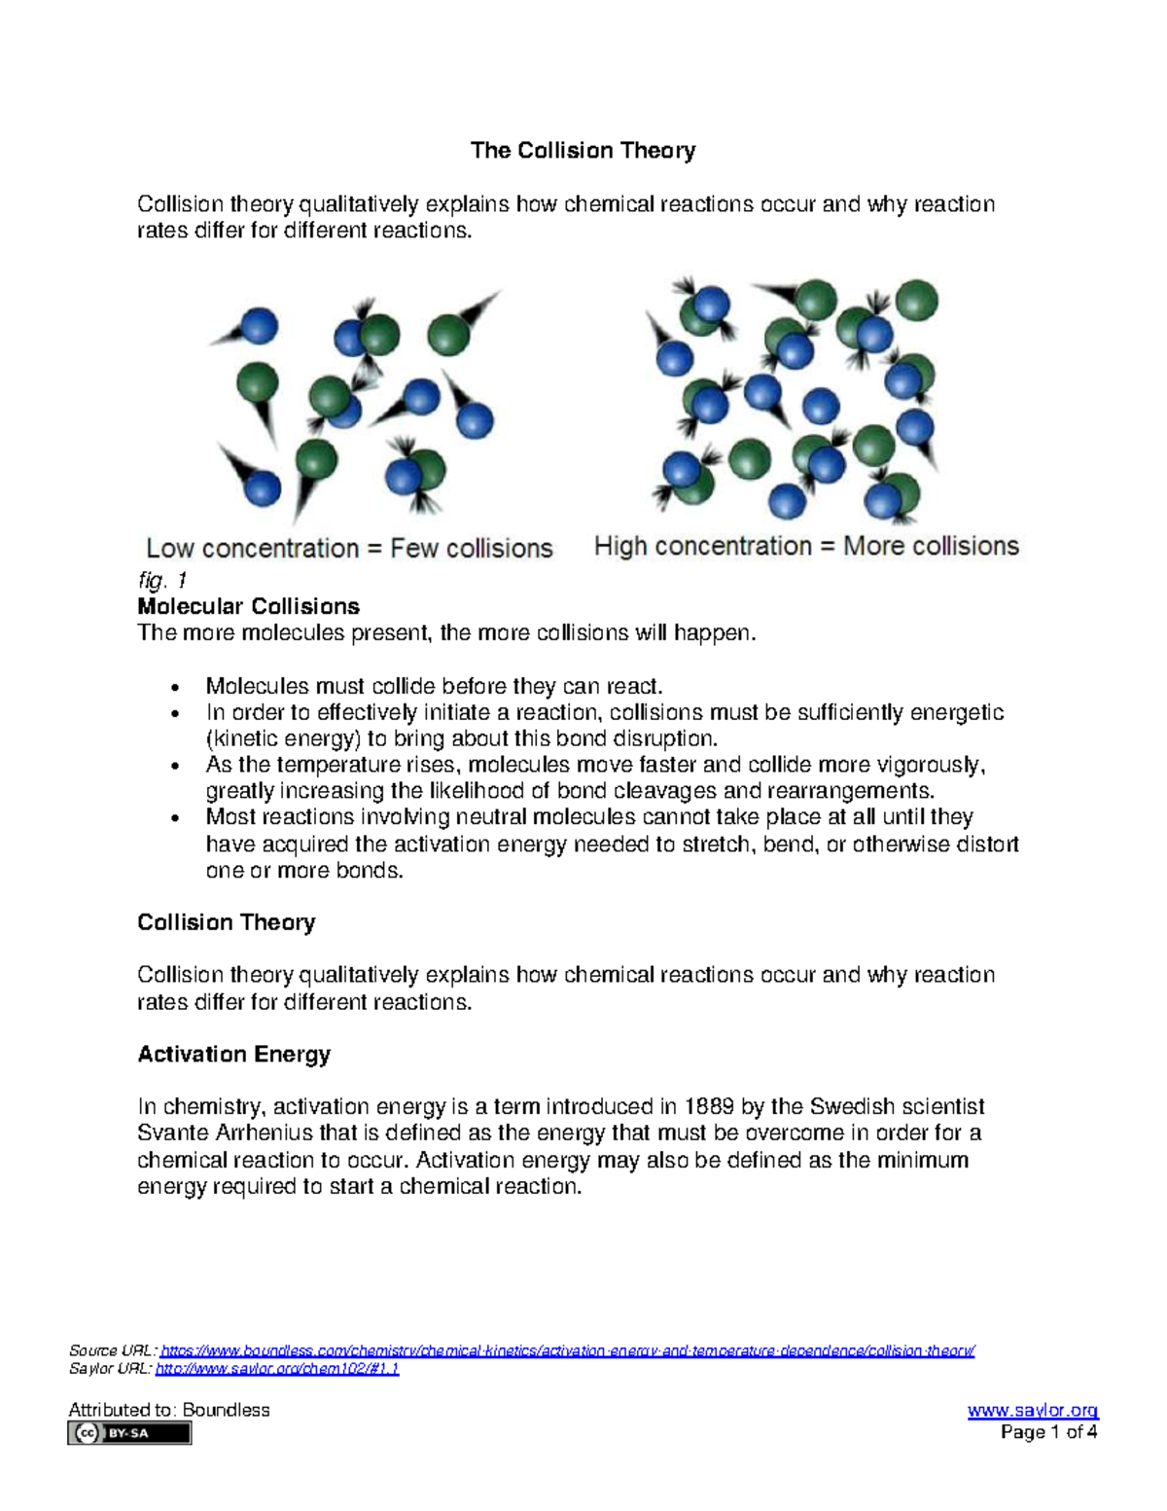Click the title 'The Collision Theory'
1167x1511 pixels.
(x=583, y=151)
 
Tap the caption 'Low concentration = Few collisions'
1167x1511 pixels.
(x=349, y=549)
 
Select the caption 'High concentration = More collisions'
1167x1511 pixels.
(x=806, y=547)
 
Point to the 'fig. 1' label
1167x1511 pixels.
(x=161, y=581)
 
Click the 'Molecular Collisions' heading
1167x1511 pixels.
(x=248, y=607)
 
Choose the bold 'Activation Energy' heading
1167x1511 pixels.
(x=233, y=1055)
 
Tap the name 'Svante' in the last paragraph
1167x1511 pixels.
(x=172, y=1133)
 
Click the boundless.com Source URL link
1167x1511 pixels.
(x=567, y=1351)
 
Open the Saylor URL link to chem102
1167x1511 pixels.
(x=277, y=1369)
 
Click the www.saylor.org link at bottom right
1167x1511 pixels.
(x=1033, y=1411)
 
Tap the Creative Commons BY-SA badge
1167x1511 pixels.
(x=129, y=1433)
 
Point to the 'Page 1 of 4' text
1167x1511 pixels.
(x=1049, y=1432)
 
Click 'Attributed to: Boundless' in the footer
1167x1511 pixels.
(x=169, y=1411)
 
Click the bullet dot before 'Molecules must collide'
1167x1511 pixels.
(x=175, y=688)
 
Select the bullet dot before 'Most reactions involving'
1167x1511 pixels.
(x=175, y=819)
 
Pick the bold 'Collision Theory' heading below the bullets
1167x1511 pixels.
(x=226, y=923)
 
